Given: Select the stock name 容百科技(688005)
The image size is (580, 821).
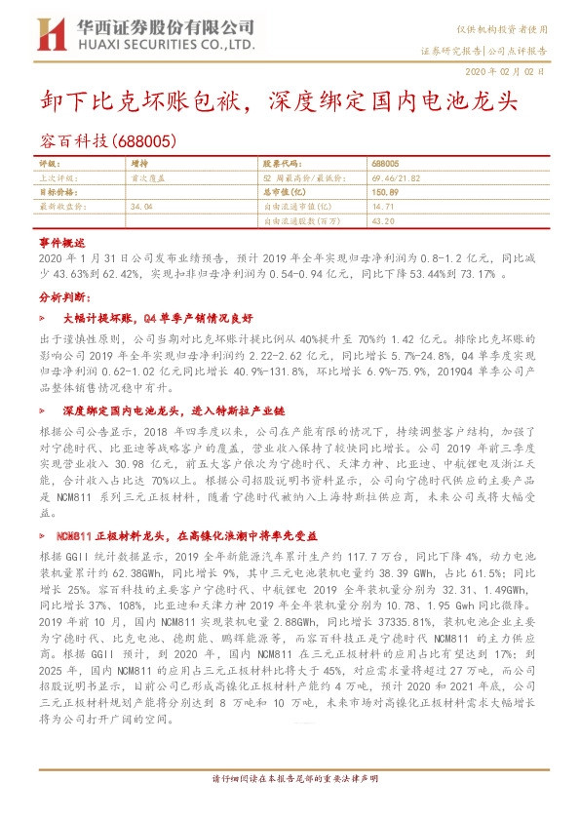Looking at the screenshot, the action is point(108,141).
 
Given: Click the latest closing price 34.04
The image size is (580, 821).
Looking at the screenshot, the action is point(141,207).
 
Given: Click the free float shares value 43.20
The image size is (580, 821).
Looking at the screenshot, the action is point(383,221).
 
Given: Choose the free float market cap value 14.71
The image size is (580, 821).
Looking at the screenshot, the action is point(383,207).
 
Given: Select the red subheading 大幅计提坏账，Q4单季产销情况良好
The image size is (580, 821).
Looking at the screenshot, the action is point(159,318).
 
